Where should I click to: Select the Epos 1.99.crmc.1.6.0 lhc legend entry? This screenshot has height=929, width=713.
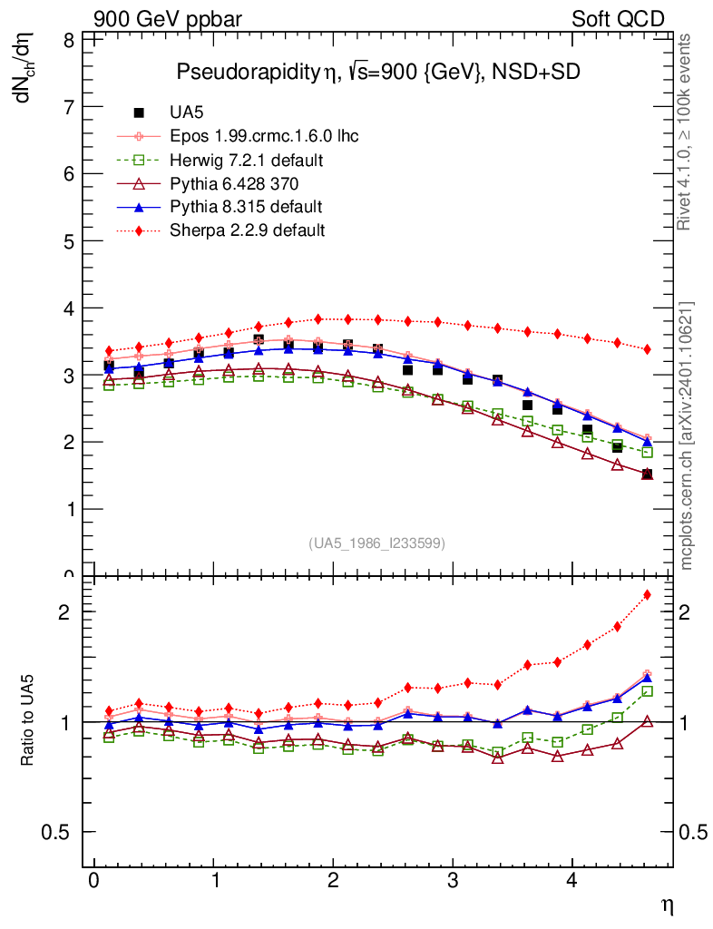click(x=264, y=136)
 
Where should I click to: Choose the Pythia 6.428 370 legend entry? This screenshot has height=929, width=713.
click(x=235, y=183)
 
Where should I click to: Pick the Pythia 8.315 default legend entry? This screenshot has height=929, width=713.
click(x=246, y=206)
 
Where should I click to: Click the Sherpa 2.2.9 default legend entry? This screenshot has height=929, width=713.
click(x=247, y=230)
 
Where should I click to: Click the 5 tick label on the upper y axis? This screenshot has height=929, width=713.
click(x=69, y=241)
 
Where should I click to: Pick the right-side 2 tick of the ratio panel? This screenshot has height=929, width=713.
click(x=692, y=611)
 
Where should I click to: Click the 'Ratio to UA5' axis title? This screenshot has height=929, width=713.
click(x=28, y=723)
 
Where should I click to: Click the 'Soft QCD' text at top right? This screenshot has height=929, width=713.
click(x=618, y=19)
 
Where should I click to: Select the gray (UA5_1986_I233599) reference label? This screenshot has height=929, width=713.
click(x=376, y=543)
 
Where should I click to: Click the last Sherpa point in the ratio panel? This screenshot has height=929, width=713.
click(x=647, y=595)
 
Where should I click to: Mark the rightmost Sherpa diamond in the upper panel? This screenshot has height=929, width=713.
click(x=647, y=349)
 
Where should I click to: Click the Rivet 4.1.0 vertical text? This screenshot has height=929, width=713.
click(x=686, y=132)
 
